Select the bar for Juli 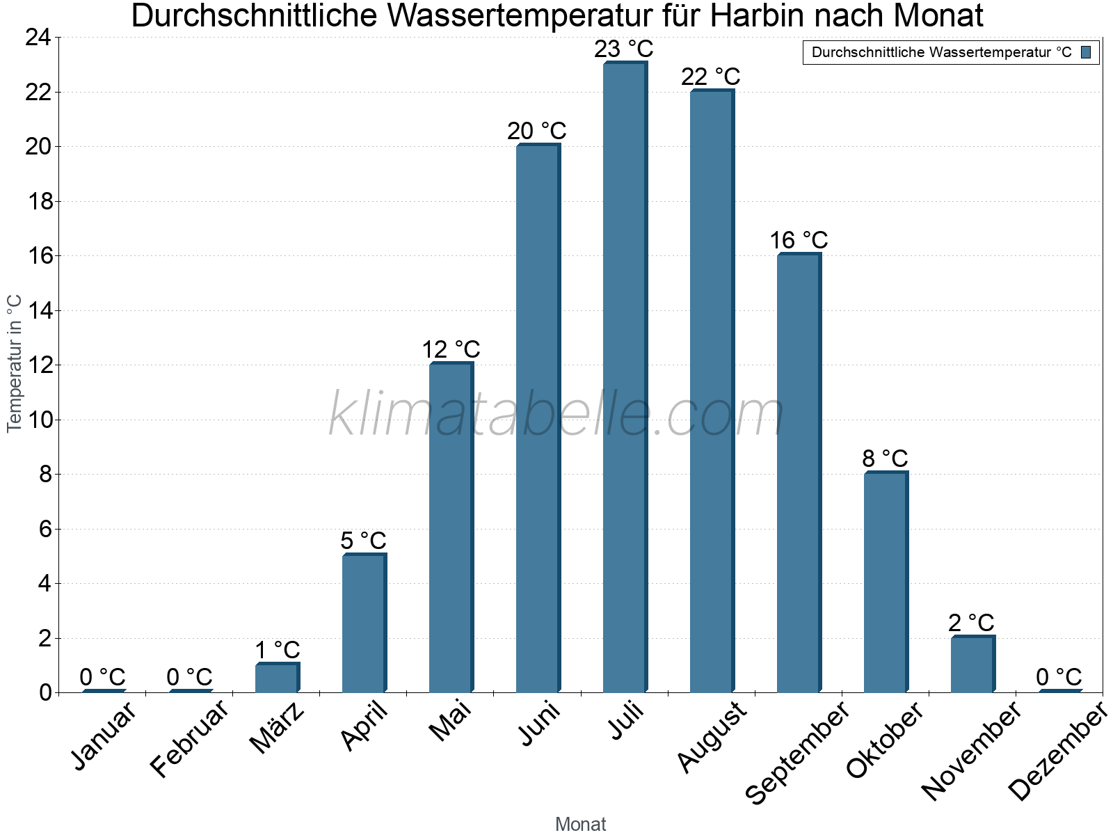625,377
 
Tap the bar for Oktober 886,582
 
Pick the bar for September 799,473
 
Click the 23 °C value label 624,49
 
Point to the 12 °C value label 451,349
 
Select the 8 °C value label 885,459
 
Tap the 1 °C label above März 277,650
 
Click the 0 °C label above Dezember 1059,676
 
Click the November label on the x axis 971,750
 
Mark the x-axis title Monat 581,824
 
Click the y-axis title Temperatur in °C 15,363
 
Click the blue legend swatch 1086,52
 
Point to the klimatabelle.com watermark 556,414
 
